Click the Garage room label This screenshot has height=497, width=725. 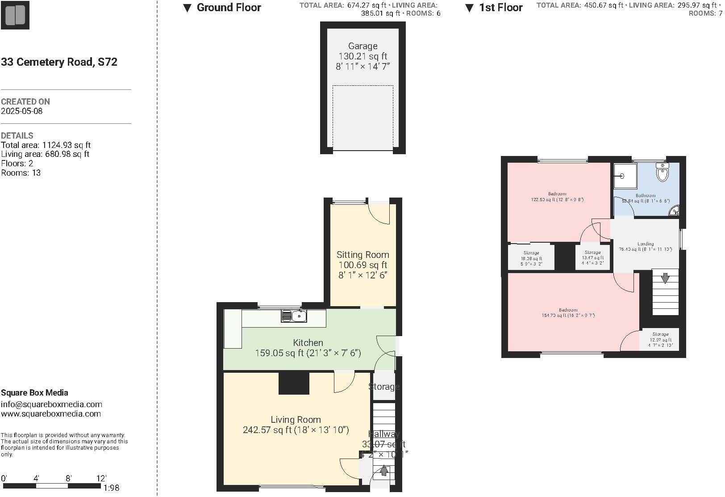362,46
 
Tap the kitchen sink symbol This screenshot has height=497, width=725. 294,316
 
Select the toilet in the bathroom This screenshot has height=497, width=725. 662,173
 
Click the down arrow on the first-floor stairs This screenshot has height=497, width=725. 665,278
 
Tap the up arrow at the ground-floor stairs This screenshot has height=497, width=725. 384,471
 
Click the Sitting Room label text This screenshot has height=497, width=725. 362,255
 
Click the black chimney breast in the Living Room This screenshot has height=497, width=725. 294,383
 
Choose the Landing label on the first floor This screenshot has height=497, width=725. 645,244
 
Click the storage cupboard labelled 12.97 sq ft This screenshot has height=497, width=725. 660,340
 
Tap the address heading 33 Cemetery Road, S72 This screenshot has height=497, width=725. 59,62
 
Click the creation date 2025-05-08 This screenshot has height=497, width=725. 22,111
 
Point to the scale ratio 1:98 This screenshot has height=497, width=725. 111,488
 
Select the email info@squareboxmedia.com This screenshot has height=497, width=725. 51,404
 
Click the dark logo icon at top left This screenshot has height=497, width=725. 15,15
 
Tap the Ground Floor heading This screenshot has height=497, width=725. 229,8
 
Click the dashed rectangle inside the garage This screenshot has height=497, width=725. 362,118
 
